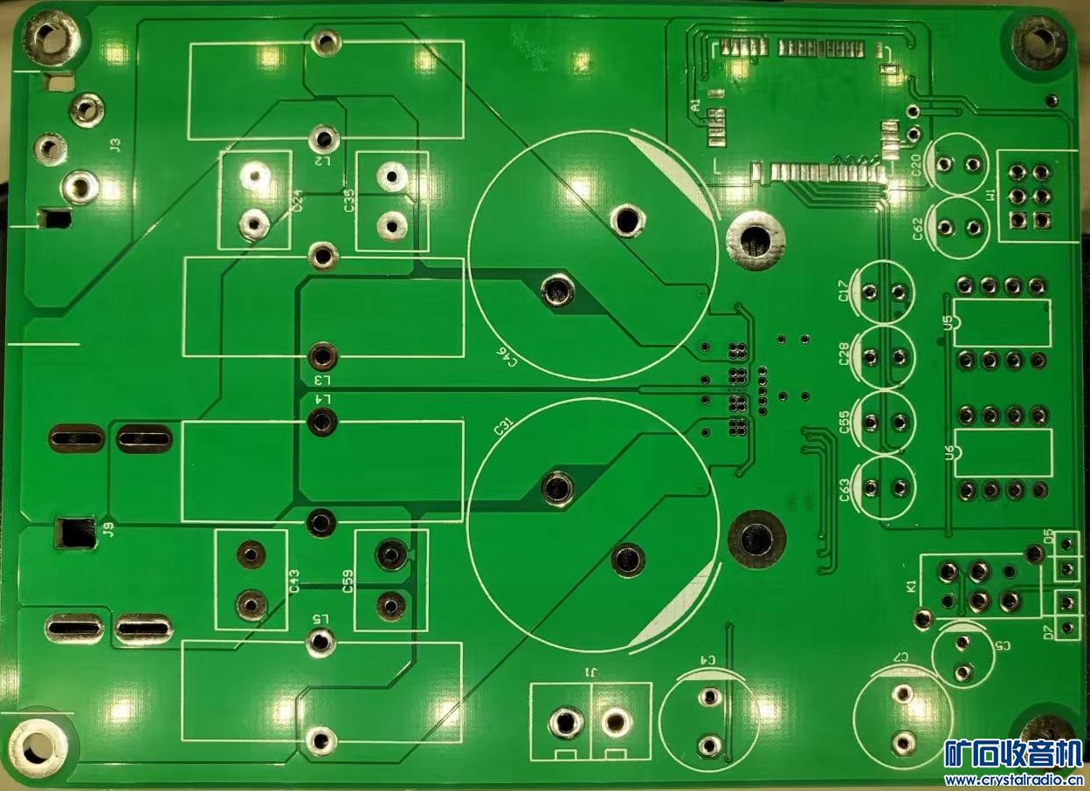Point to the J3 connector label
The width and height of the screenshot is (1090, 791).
click(116, 146)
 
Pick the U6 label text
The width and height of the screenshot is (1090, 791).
click(949, 451)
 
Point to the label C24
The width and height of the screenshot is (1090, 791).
click(297, 201)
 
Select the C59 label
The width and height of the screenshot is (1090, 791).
click(348, 581)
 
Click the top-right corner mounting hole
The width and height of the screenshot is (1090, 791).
click(1039, 38)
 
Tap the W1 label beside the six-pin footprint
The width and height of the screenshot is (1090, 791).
click(990, 196)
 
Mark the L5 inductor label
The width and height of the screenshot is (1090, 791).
click(321, 618)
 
